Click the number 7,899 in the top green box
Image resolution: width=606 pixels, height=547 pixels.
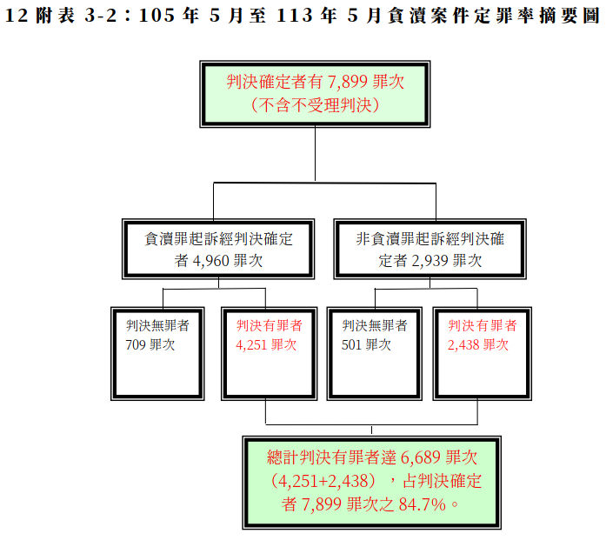(x=348, y=82)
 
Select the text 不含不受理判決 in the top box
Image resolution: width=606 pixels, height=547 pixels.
(x=315, y=105)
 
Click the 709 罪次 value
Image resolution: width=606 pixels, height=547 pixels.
(x=150, y=344)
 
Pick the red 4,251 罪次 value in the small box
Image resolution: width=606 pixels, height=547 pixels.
(x=266, y=344)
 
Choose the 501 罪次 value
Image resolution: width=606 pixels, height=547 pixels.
(x=366, y=344)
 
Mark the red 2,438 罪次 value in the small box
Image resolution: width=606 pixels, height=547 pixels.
(x=477, y=344)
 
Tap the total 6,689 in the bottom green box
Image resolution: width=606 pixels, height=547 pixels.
(x=421, y=457)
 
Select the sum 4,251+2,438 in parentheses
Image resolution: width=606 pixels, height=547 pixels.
(x=324, y=481)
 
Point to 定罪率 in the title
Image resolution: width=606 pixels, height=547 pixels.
(x=504, y=16)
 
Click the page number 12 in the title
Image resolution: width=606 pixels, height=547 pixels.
(x=17, y=16)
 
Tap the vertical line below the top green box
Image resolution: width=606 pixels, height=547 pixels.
(x=315, y=154)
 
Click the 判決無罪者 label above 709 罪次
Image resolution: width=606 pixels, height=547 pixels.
(x=157, y=325)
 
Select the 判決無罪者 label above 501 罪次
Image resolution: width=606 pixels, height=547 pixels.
(x=375, y=325)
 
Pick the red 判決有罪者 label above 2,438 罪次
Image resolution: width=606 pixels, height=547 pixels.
(x=482, y=325)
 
